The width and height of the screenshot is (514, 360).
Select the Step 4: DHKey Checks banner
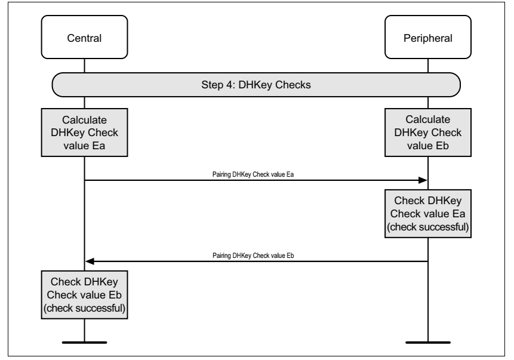click(256, 85)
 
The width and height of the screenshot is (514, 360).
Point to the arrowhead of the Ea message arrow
click(423, 180)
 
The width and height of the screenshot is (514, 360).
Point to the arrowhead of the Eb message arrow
click(90, 261)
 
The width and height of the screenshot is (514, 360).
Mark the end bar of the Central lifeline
click(84, 343)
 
